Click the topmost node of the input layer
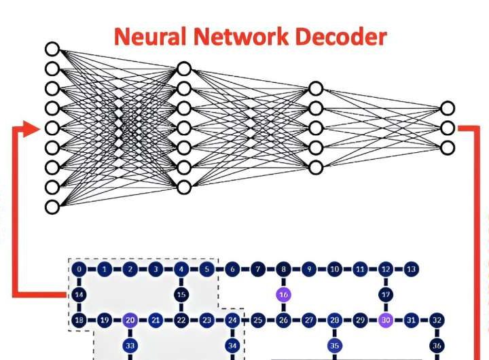click(x=53, y=48)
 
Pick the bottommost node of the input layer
click(x=53, y=206)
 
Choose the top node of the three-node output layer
click(x=446, y=108)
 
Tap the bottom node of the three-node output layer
click(x=446, y=147)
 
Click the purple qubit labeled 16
click(x=283, y=294)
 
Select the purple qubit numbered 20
click(x=130, y=319)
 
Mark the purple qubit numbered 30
click(x=386, y=319)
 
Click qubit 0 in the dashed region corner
click(x=79, y=269)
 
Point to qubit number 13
click(x=410, y=269)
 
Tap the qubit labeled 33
click(x=130, y=345)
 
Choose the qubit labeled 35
click(x=334, y=345)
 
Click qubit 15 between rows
click(x=181, y=294)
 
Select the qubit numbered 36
click(x=437, y=345)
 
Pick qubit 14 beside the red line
click(x=79, y=294)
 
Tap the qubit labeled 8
click(x=283, y=269)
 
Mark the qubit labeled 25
click(x=257, y=319)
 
